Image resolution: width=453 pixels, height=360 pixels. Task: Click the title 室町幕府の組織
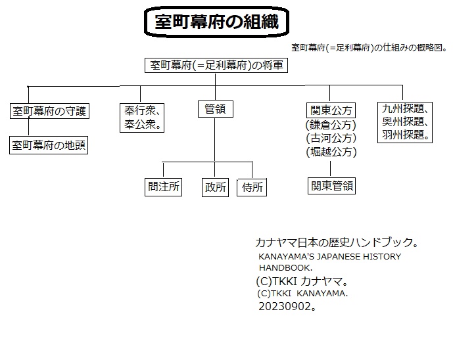(x=216, y=22)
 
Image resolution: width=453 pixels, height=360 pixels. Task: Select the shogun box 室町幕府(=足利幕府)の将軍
(x=216, y=65)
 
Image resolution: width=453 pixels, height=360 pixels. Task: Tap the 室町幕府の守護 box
(x=49, y=111)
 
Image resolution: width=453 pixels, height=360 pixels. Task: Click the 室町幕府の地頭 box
(x=49, y=145)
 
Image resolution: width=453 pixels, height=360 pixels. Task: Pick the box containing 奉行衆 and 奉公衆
(x=142, y=118)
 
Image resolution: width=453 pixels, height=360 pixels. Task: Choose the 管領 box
(x=215, y=109)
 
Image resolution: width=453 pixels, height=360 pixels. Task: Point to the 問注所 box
(x=163, y=187)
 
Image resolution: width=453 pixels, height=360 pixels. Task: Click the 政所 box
(x=215, y=187)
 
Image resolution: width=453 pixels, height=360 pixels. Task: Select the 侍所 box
(x=252, y=188)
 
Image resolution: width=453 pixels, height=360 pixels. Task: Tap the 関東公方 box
(x=331, y=110)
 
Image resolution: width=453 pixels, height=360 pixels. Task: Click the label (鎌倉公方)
(x=331, y=125)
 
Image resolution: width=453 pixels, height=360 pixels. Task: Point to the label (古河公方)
(x=331, y=138)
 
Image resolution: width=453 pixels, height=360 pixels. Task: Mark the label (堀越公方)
(x=331, y=152)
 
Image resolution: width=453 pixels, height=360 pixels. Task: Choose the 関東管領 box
(x=331, y=186)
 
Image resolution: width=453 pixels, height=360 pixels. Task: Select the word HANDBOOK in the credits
(x=285, y=268)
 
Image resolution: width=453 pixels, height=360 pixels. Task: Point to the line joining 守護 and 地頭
(x=29, y=127)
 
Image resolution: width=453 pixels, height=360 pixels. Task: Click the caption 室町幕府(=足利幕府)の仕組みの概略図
(x=368, y=48)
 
